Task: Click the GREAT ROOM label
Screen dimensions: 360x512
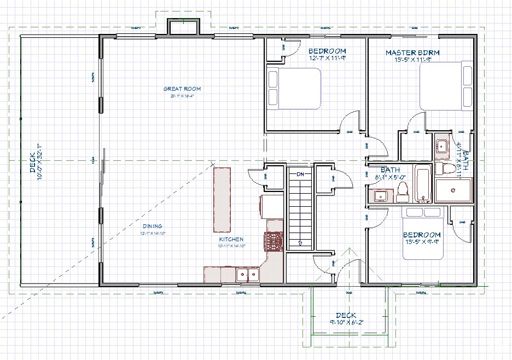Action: [x=182, y=89]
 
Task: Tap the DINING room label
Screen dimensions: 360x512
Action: [x=153, y=226]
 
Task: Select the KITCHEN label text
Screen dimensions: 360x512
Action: [x=231, y=240]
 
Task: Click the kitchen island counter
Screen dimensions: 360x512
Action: [x=222, y=200]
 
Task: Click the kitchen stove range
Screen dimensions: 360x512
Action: [x=274, y=241]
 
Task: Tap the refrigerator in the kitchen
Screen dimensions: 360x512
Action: [x=266, y=206]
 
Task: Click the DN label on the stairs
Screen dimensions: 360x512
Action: [x=300, y=174]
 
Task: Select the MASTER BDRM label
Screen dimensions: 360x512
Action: [x=412, y=53]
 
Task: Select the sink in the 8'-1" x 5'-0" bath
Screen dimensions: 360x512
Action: [x=381, y=195]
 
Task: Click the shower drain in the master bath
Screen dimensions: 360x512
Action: [x=452, y=190]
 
